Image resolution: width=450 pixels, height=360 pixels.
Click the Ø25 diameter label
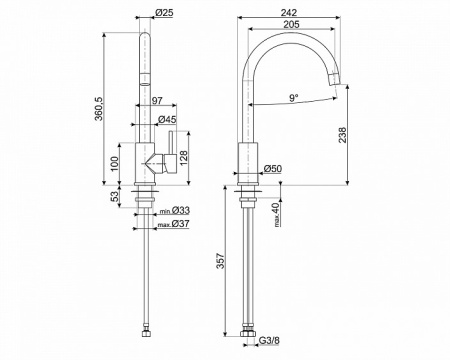coord(164,13)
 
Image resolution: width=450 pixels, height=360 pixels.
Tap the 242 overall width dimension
coord(288,13)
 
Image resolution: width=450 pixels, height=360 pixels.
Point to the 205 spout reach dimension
coord(291,24)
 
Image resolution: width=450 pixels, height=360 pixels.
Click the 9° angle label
coord(294,98)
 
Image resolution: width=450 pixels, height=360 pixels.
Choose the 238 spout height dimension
coord(342,135)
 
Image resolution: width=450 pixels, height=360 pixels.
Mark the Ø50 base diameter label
coord(273,169)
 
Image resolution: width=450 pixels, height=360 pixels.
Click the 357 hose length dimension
coord(220,261)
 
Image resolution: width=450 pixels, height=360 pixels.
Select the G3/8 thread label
coord(270,340)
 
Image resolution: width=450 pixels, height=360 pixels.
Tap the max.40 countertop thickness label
coord(276,215)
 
